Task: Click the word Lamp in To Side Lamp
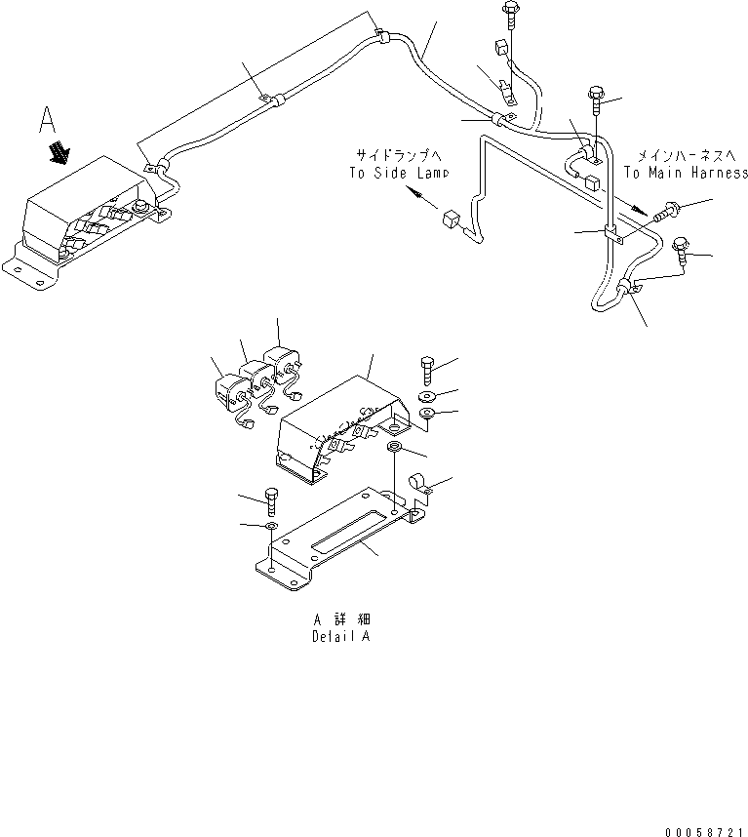coord(429,172)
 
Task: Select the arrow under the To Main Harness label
coord(635,207)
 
